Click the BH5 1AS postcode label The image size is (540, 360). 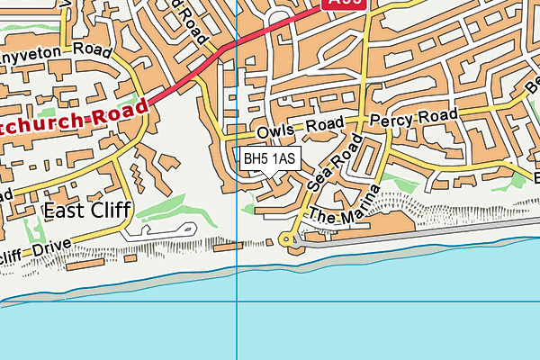tap(269, 159)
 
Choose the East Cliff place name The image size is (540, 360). tap(87, 211)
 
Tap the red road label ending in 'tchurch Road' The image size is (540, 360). tap(72, 115)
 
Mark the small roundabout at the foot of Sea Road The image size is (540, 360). tap(287, 239)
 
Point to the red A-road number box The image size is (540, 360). tap(345, 4)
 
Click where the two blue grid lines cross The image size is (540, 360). tap(236, 301)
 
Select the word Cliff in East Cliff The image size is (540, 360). tap(109, 211)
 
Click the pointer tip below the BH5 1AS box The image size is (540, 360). tap(269, 175)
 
